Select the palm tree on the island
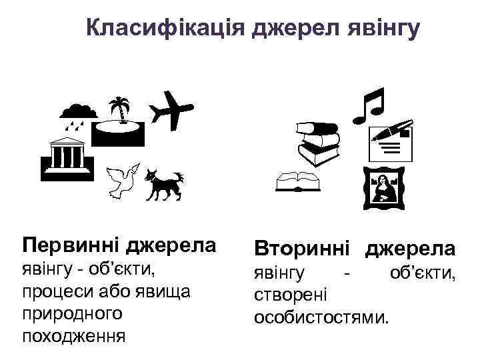(121, 110)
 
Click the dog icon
(162, 181)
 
